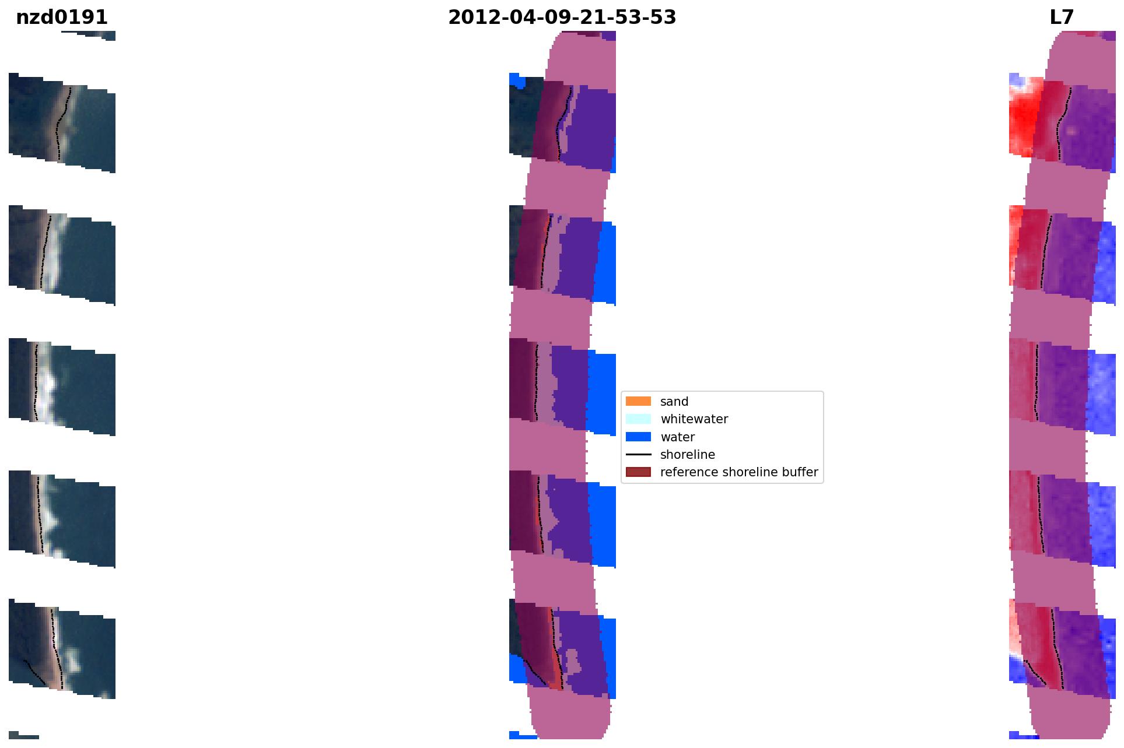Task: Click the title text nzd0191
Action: pos(62,17)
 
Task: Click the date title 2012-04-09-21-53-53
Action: pos(562,17)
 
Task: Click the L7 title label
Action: pos(1062,17)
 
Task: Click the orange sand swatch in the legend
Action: pos(638,401)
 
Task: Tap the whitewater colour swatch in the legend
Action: pos(638,419)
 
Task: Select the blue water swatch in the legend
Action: pos(638,437)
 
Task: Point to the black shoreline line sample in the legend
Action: pos(638,454)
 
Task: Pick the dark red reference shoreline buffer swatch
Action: pos(638,472)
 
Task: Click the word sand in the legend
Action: pos(674,402)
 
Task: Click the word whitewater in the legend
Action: pos(694,419)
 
